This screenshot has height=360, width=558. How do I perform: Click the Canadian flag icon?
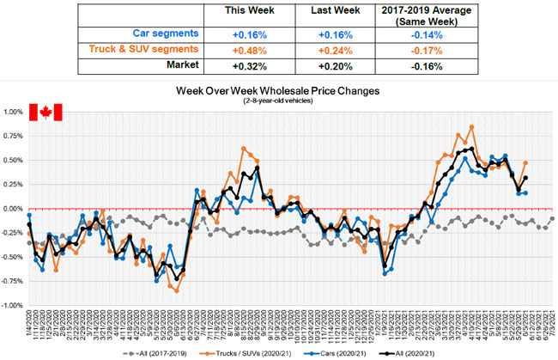click(x=42, y=113)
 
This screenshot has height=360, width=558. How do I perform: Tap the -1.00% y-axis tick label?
click(x=13, y=305)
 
